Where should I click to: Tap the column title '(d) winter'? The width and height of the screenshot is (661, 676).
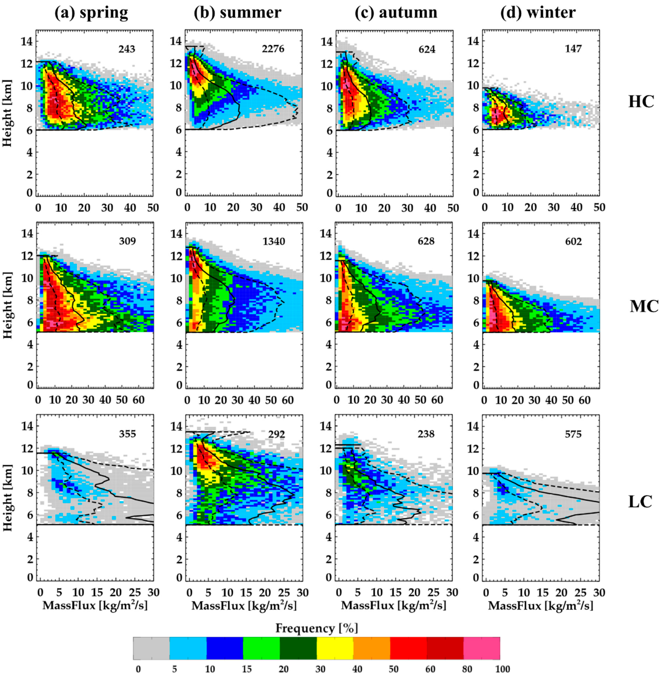click(x=538, y=13)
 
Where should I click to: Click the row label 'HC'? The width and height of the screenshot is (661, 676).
click(x=641, y=102)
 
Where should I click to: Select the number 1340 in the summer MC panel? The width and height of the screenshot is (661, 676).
click(x=273, y=241)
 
